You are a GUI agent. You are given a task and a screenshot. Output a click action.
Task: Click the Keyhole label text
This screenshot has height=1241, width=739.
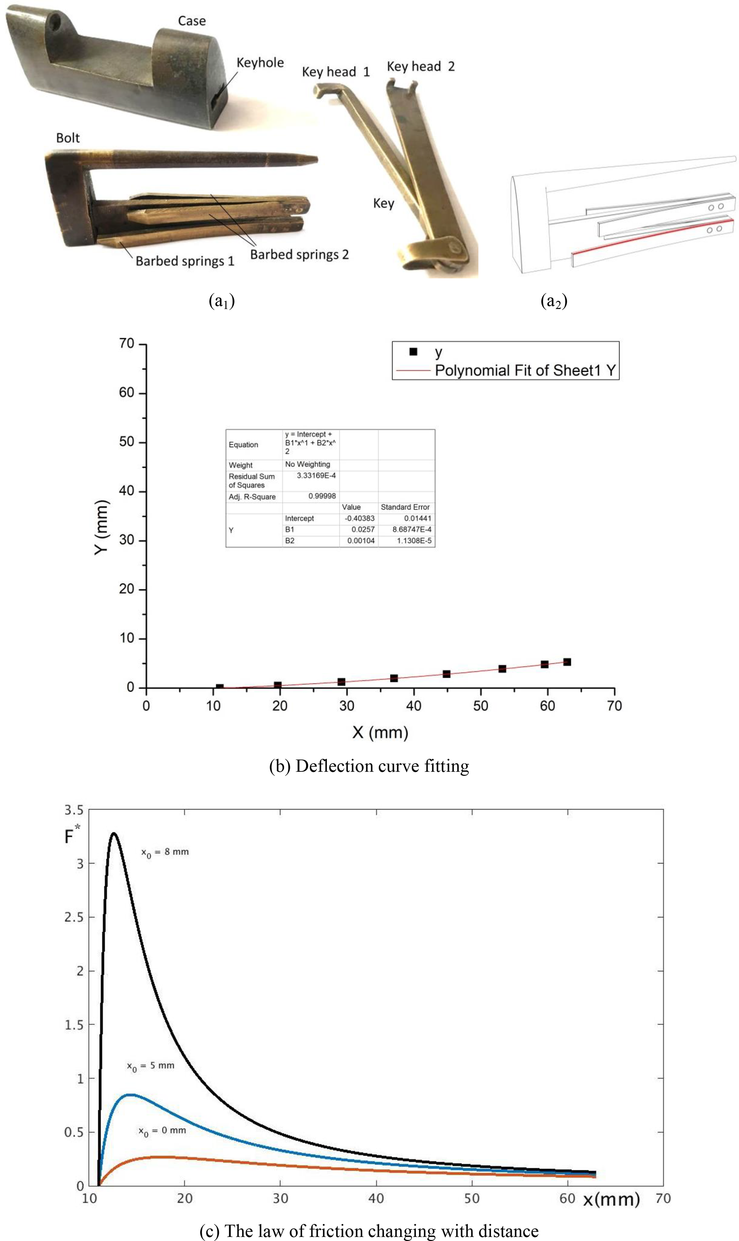point(260,63)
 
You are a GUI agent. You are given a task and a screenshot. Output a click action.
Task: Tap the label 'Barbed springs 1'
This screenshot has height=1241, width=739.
point(185,261)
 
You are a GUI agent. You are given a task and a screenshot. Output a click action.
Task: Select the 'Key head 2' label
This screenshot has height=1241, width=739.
point(421,67)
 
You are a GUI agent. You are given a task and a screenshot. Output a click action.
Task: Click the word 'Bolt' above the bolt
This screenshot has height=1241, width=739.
point(68,138)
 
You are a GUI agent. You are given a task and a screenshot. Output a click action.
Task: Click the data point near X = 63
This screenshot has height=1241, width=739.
point(567,662)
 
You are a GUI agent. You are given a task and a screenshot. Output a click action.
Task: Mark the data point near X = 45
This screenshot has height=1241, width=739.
point(446,674)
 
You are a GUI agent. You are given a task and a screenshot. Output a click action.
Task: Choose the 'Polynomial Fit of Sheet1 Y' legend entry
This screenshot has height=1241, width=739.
point(525,371)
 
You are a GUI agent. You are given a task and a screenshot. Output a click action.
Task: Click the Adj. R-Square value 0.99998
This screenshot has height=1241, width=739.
point(322,496)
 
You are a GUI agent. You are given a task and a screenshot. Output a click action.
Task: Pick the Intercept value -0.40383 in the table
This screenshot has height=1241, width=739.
point(360,518)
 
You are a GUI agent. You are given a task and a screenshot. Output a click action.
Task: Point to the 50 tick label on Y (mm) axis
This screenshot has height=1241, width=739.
point(127,442)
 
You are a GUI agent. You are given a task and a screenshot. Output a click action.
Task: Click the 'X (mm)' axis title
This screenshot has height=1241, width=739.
point(380,733)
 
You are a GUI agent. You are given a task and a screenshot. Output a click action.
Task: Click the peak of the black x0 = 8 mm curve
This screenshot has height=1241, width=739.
point(114,834)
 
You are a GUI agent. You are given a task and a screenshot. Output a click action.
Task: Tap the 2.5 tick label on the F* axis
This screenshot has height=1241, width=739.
point(74,917)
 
